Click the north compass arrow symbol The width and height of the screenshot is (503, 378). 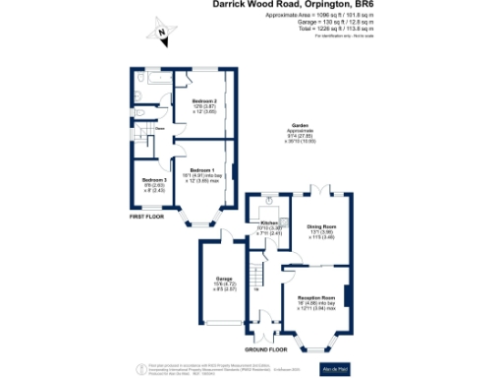pyautogui.click(x=158, y=34)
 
